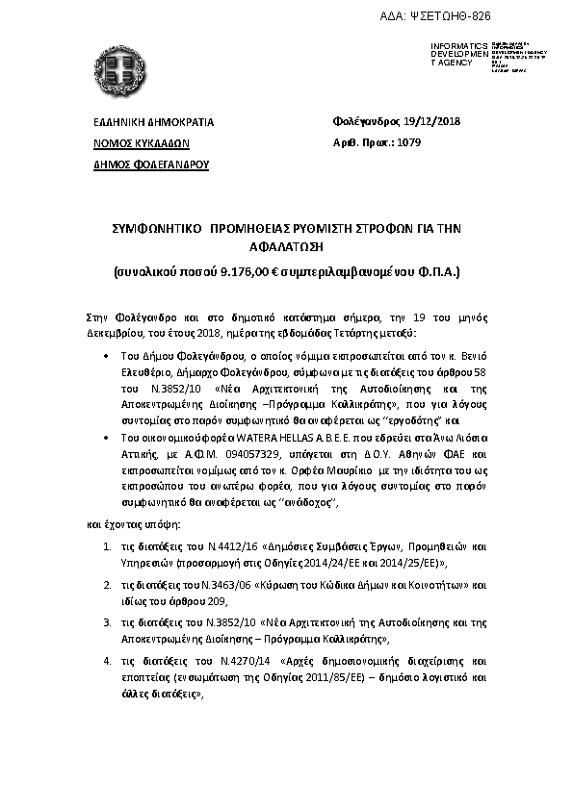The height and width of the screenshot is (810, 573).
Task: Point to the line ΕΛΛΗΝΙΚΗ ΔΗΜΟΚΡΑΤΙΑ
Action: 153,123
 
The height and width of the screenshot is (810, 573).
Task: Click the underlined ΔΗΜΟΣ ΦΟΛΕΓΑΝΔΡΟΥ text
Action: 150,165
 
